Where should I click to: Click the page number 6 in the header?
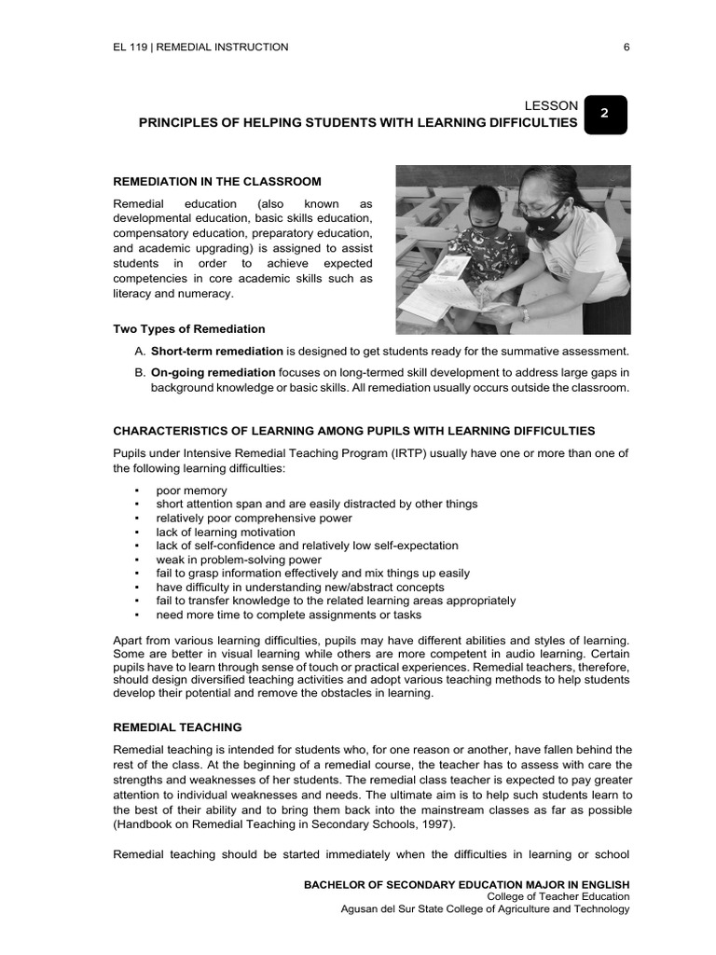pos(626,47)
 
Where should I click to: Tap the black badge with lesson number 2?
pos(605,114)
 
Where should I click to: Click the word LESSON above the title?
pos(553,105)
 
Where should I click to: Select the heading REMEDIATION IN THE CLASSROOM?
pos(217,181)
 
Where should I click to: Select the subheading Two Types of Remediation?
pos(189,328)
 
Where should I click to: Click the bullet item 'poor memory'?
pos(191,490)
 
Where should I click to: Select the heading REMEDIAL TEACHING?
pos(177,727)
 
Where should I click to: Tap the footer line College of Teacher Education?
pos(558,896)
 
